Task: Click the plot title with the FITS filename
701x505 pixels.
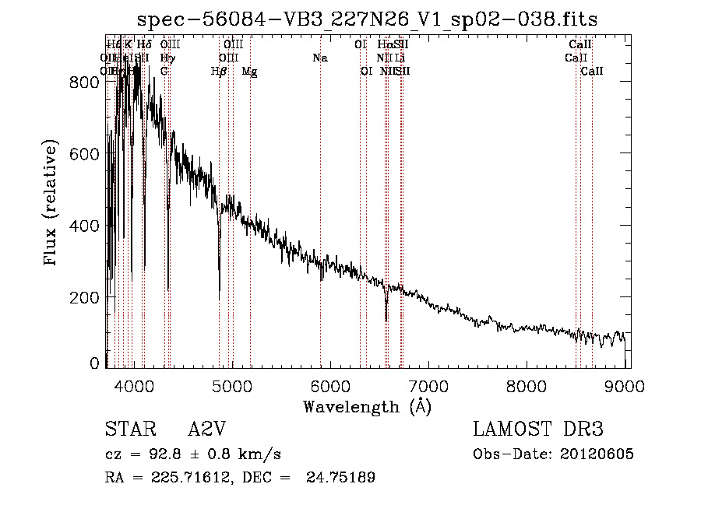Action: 367,19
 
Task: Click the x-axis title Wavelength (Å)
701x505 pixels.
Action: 367,406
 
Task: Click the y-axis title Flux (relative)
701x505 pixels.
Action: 51,204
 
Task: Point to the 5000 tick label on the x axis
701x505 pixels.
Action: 232,385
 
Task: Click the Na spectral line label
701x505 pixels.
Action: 320,58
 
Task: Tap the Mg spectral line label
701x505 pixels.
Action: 249,71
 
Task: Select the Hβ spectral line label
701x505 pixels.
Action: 219,71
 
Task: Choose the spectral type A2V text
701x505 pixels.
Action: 206,430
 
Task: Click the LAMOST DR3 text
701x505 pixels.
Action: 538,430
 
